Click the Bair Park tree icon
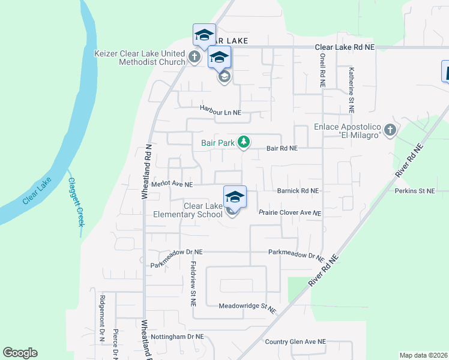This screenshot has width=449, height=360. (243, 142)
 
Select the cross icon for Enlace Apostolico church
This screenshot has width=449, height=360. (390, 130)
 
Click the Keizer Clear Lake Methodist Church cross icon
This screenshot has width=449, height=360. (194, 58)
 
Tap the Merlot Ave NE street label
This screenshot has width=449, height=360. (172, 185)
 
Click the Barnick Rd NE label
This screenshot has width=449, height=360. (297, 191)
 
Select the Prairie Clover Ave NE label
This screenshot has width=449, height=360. (290, 213)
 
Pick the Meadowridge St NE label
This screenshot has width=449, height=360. (247, 306)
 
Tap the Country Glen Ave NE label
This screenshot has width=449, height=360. (295, 341)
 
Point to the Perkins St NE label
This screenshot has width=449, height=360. (414, 191)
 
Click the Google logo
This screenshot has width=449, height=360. (20, 353)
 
